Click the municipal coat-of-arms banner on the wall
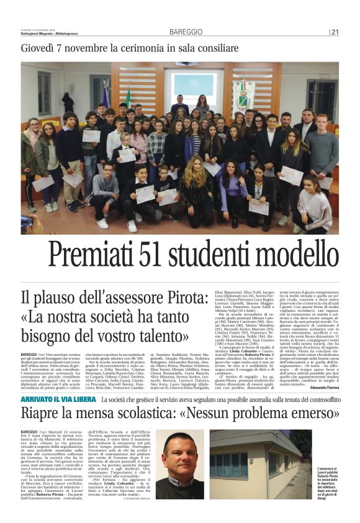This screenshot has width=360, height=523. click(x=244, y=97)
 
